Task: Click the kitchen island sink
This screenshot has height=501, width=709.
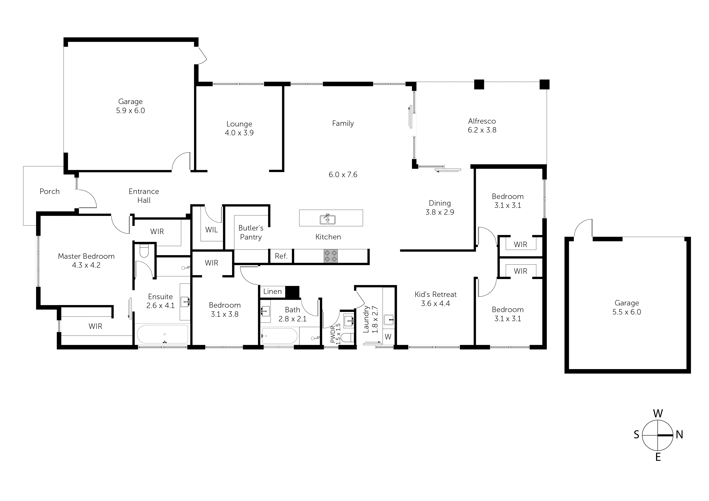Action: [x=327, y=219]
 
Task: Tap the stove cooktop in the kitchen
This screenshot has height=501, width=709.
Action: [x=330, y=256]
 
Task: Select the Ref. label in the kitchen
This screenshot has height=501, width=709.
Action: [x=281, y=256]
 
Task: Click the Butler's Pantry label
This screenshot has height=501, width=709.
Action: [x=251, y=233]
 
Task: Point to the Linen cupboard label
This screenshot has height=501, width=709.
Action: [x=272, y=291]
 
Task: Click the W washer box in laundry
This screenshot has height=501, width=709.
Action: [x=388, y=337]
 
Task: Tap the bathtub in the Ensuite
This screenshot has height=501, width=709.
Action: [x=162, y=335]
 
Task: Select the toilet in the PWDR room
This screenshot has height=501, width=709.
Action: [x=348, y=338]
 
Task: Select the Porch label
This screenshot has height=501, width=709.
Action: [x=49, y=191]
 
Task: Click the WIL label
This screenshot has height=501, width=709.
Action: [x=212, y=230]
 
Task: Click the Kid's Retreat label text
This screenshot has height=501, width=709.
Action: [x=435, y=295]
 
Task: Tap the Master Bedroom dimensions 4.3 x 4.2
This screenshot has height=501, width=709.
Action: [x=86, y=265]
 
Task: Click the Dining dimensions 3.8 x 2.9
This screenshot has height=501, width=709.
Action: [x=440, y=212]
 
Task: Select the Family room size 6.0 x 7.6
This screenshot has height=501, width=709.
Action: [x=343, y=175]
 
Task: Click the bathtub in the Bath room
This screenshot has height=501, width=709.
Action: [x=280, y=336]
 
